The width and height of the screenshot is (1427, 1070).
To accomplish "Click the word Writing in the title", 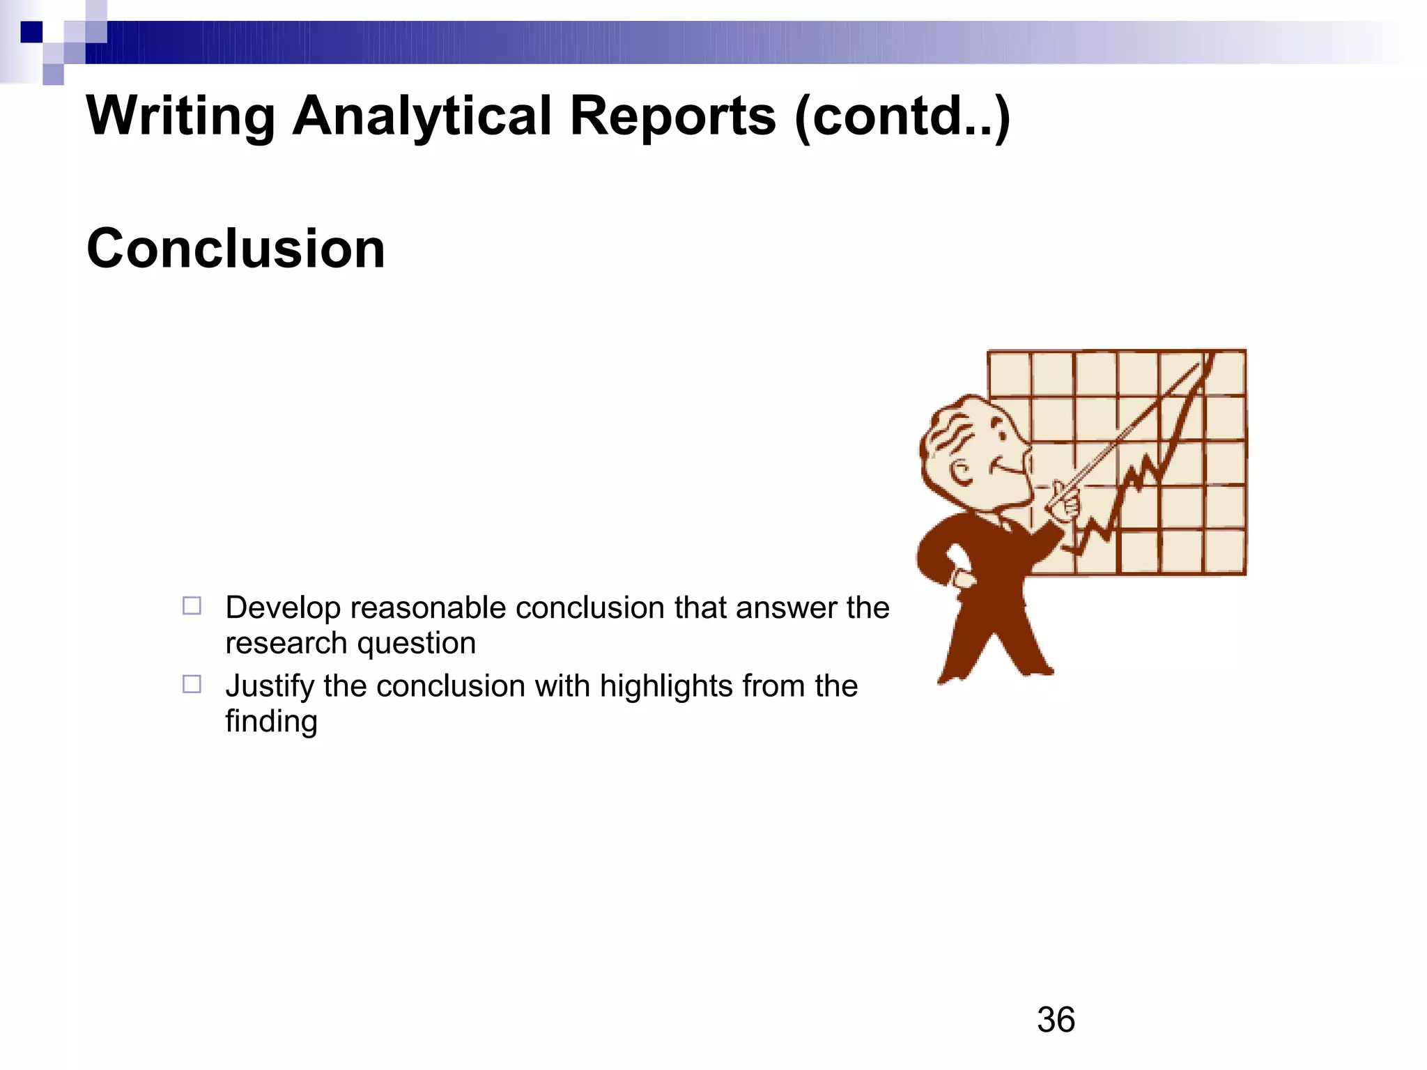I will click(x=180, y=116).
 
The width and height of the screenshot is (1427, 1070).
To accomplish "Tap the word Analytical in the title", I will click(x=422, y=116).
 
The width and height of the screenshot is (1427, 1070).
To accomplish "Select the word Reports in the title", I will click(x=672, y=116).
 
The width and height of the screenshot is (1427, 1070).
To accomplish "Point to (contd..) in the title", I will click(x=902, y=116).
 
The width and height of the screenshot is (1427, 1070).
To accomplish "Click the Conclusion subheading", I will click(x=236, y=249).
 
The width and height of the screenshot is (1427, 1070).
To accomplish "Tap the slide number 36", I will click(x=1056, y=1020).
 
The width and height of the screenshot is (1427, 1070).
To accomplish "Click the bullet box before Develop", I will click(x=192, y=605).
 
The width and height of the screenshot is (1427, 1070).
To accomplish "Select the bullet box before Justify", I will click(x=192, y=684).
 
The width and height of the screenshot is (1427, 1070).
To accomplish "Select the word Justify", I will click(x=270, y=687).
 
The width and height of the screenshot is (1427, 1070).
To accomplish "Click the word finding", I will click(x=271, y=722).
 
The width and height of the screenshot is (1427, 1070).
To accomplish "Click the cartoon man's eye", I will click(x=1001, y=435).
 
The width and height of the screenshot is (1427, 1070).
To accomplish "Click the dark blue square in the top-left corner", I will click(x=31, y=32).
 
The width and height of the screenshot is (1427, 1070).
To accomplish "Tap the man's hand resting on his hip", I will click(x=962, y=578).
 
